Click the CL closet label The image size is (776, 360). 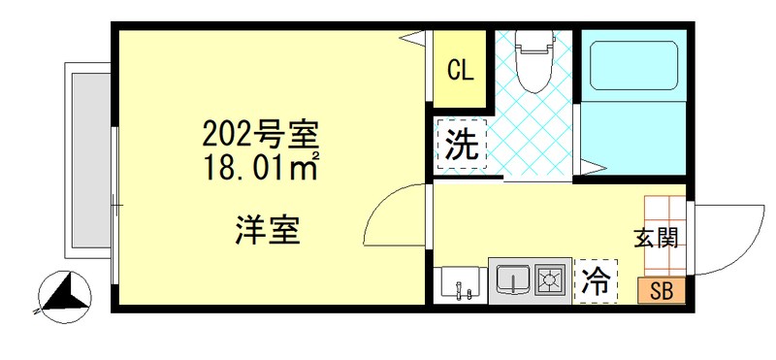460,70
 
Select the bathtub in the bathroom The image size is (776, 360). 631,62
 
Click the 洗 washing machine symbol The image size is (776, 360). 461,145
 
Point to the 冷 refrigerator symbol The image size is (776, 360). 596,281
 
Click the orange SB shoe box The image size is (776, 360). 662,290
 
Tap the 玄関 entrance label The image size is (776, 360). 655,237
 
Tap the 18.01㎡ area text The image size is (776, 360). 260,167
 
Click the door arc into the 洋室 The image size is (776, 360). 393,221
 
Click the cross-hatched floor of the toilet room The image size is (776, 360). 530,136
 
